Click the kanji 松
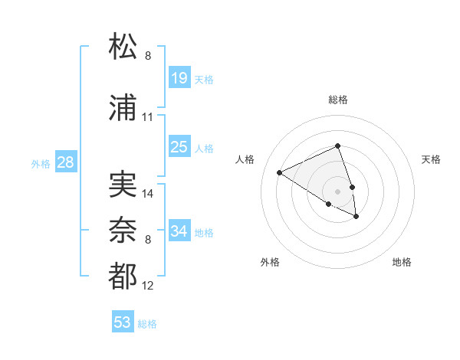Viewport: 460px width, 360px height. pos(123,47)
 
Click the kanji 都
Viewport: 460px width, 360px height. pos(123,277)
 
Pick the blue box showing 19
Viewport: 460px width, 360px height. pos(179,78)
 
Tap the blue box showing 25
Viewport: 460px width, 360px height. pos(179,147)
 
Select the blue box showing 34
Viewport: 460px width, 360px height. pos(179,231)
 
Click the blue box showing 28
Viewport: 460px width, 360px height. pos(65,162)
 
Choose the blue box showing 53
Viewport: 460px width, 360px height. pos(123,322)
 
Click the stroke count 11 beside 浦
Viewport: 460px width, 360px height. pos(148,117)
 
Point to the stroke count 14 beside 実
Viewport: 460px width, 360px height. pos(148,194)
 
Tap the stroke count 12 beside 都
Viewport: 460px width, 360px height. pos(148,286)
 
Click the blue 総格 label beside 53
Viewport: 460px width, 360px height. pos(147,324)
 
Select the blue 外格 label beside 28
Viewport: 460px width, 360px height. pos(41,164)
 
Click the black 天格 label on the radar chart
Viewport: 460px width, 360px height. pos(431,159)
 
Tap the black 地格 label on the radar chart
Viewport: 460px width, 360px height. pos(402,262)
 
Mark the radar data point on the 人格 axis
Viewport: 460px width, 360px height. pos(280,172)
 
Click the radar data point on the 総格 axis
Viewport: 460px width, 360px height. pos(337,146)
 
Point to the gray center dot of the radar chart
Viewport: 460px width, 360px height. pos(337,191)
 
